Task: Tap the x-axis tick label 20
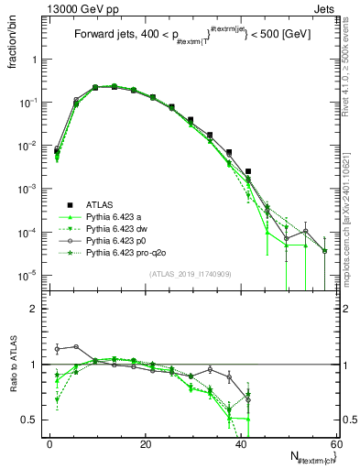pos(145,443)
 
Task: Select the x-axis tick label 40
pos(241,443)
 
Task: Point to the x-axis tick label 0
pos(49,443)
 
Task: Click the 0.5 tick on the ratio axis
pos(30,420)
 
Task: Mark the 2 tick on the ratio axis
pos(34,309)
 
